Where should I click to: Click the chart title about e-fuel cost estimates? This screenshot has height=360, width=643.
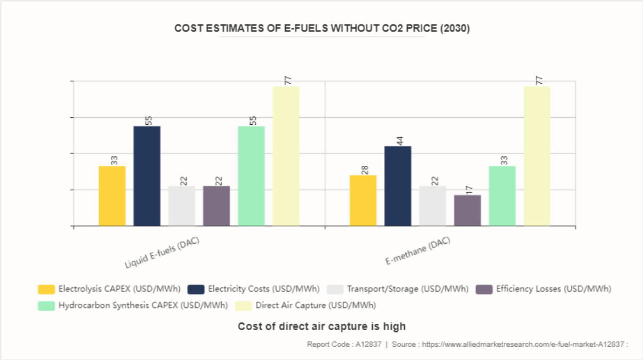[x=321, y=29]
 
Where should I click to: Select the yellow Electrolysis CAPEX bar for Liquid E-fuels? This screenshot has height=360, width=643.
[x=112, y=196]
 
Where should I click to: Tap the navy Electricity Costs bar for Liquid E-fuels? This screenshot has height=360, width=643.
[x=147, y=176]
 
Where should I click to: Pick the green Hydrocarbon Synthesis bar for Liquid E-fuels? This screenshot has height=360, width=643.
[x=251, y=176]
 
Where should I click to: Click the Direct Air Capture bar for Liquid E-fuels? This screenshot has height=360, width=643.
[x=286, y=156]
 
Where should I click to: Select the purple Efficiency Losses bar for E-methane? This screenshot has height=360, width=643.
[x=467, y=210]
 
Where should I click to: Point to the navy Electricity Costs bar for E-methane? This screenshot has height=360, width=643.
[x=398, y=186]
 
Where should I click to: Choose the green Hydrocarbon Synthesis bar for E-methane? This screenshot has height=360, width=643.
[x=502, y=196]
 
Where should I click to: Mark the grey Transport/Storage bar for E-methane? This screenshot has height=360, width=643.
[x=432, y=205]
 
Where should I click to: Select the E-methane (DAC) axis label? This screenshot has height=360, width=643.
[x=417, y=251]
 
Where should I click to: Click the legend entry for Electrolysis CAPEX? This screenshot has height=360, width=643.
[x=109, y=289]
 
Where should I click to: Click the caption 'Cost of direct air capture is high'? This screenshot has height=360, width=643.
[x=321, y=326]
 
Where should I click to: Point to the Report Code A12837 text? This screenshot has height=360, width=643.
[x=344, y=345]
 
